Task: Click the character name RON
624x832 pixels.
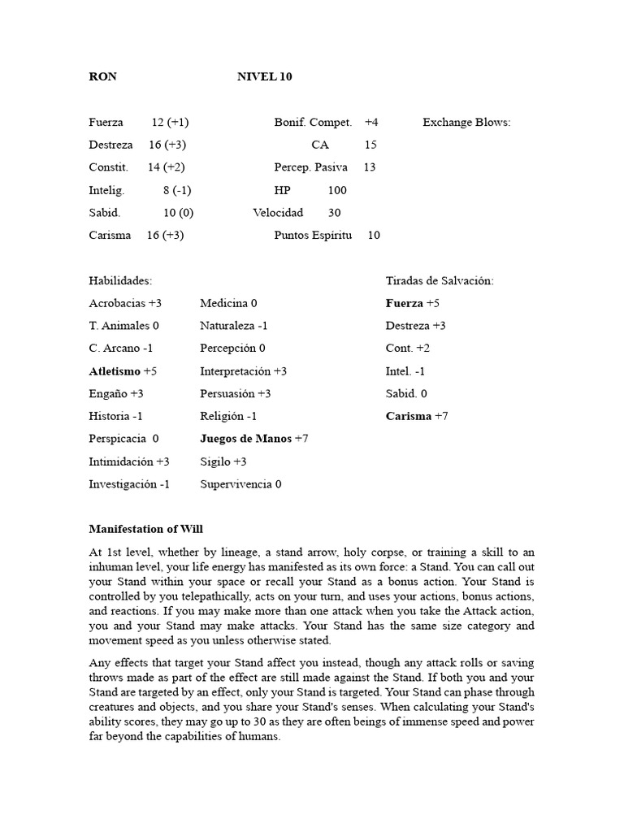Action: point(102,77)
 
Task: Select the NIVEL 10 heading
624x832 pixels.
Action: point(264,77)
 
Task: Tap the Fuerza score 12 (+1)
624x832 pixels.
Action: point(170,123)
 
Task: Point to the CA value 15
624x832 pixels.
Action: point(370,145)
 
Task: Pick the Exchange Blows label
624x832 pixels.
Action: point(466,123)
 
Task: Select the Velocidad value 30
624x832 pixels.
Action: point(334,213)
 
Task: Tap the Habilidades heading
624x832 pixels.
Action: point(120,281)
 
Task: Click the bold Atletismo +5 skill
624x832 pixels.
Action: point(123,371)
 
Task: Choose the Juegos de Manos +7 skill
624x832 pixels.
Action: point(253,439)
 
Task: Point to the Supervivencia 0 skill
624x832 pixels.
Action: point(240,484)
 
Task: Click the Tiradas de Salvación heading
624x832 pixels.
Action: point(440,281)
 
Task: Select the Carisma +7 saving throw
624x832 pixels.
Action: point(417,417)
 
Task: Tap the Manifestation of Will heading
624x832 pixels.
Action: point(145,529)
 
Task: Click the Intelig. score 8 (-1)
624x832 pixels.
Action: point(176,190)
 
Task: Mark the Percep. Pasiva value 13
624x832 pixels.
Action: point(370,167)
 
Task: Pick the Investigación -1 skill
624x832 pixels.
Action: point(129,484)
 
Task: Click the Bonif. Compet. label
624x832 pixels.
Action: point(313,123)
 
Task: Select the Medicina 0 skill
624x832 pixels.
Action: point(228,303)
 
